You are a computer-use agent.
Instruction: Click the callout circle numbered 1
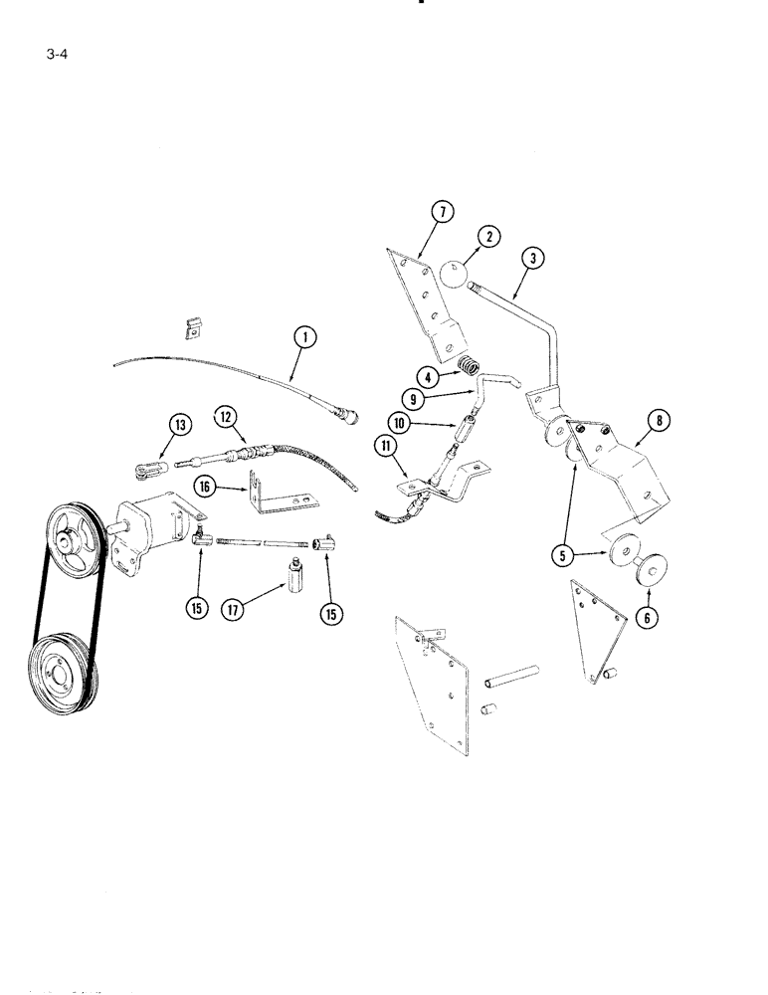pyautogui.click(x=305, y=339)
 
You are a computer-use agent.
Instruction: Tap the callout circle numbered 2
pyautogui.click(x=487, y=236)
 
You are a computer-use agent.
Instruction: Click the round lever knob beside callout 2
pyautogui.click(x=453, y=275)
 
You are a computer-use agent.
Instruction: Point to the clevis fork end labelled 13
pyautogui.click(x=147, y=464)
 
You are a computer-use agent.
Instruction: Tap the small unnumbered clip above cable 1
pyautogui.click(x=195, y=328)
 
